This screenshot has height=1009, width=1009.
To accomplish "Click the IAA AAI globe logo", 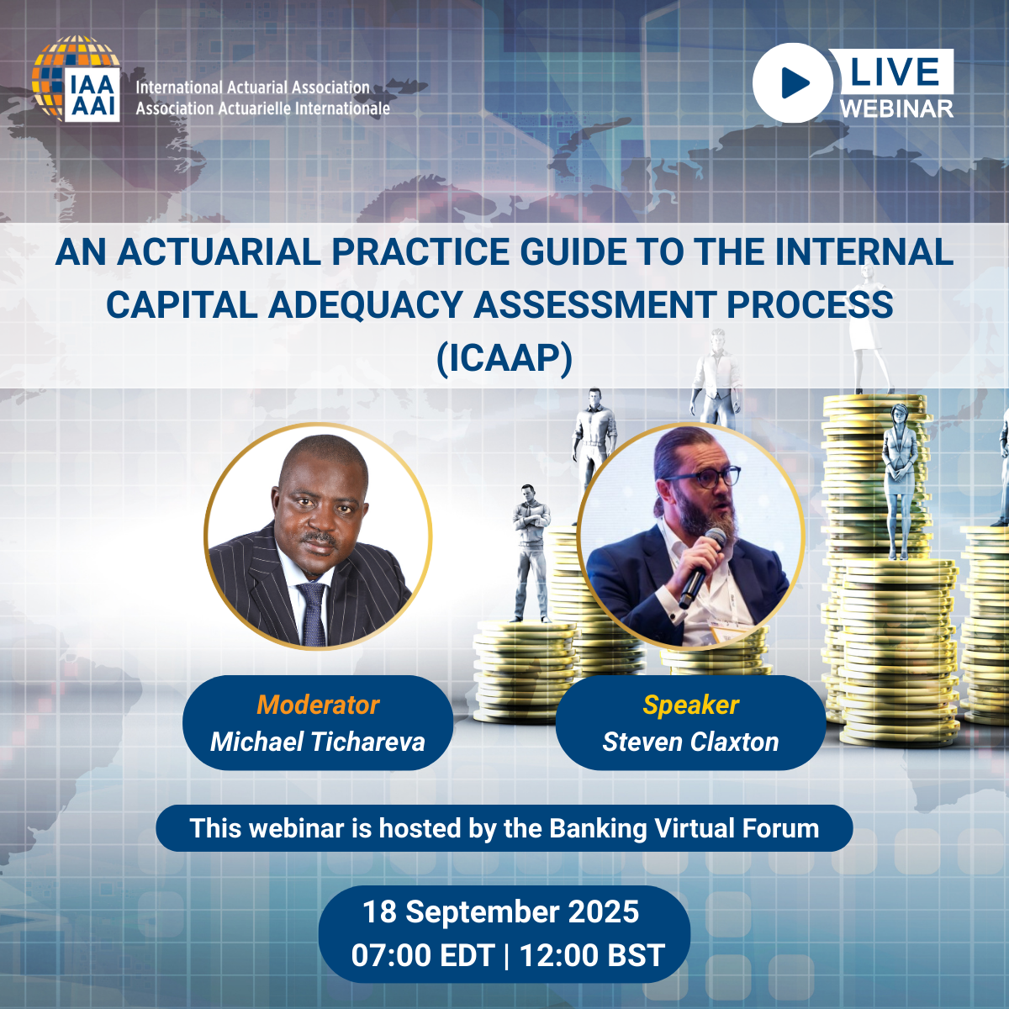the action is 76,78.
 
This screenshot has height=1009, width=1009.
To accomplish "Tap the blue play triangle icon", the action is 795,82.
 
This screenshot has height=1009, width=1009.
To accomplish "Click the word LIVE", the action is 895,71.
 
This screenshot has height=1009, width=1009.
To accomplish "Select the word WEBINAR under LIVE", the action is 897,109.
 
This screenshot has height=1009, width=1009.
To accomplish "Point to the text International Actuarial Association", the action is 253,87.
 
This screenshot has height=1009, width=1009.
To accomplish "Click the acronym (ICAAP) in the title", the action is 504,358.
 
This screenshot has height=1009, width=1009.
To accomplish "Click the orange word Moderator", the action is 318,705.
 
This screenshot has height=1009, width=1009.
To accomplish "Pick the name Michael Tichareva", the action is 318,742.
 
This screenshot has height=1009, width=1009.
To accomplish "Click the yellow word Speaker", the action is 690,705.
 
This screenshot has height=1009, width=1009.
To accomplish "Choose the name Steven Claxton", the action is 690,742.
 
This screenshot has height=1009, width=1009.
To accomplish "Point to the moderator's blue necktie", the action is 313,613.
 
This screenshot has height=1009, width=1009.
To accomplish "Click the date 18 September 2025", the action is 500,911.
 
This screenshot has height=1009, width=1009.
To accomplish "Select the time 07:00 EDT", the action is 423,955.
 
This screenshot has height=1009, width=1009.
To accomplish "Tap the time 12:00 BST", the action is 592,955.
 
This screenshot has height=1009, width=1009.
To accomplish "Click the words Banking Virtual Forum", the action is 684,828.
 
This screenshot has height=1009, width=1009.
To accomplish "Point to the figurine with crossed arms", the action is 531,553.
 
